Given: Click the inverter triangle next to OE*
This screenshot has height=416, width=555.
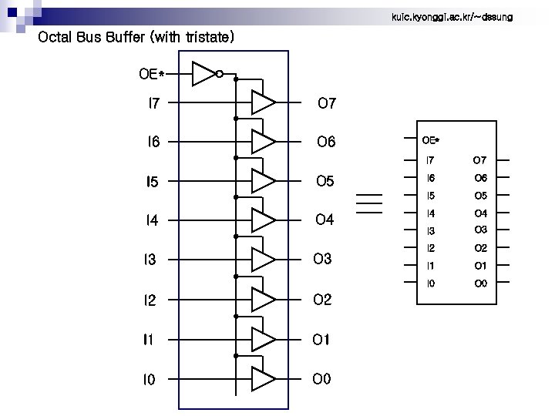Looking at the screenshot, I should (203, 74).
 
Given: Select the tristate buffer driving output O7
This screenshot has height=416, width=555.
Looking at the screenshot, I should (263, 102).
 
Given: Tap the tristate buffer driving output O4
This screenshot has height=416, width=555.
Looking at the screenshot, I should (263, 220).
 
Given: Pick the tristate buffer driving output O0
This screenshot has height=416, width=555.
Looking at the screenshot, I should (263, 379).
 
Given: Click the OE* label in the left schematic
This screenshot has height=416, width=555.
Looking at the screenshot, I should (151, 74).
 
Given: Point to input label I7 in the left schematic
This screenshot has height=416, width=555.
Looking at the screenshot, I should (154, 102).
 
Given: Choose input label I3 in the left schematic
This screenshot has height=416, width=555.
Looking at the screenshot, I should (150, 260).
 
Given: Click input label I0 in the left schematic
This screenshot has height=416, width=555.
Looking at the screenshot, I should (149, 379).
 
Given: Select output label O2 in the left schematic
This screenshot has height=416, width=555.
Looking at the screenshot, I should (322, 300).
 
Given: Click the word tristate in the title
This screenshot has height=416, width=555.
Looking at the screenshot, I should (207, 37).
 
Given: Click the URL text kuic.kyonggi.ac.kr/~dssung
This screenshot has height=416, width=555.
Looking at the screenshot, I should (452, 16).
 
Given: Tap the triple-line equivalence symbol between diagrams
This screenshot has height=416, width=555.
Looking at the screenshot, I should (369, 202).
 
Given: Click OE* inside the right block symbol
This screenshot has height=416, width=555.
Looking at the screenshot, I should (431, 140).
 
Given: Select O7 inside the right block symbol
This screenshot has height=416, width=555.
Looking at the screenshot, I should (479, 160).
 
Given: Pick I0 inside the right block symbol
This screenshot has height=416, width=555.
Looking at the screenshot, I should (430, 283).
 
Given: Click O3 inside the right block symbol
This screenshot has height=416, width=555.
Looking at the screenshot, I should (480, 230).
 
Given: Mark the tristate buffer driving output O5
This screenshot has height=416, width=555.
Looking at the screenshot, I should (263, 181).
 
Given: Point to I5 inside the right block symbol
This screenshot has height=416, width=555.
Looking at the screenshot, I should (430, 196).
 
